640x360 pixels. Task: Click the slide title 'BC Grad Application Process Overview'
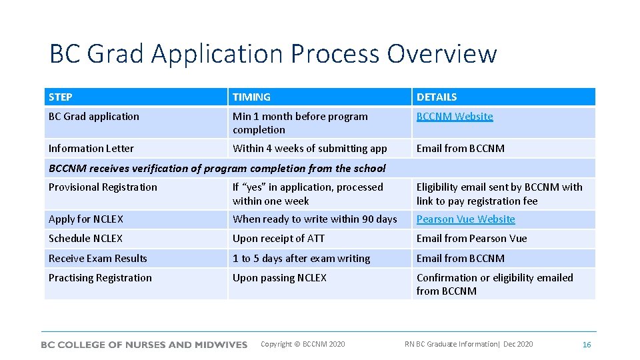273,54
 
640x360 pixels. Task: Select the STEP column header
61,97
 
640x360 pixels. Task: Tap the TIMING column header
251,97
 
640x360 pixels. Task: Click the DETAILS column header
437,97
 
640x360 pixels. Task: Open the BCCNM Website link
455,117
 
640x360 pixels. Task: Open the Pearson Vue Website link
465,219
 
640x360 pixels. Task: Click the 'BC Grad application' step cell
94,117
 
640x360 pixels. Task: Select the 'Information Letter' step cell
91,149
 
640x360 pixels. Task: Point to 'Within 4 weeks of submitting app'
309,149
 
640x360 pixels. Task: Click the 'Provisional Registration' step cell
103,187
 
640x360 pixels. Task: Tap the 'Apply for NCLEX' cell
86,219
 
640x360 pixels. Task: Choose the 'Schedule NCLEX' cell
86,239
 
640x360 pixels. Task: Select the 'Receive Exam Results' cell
98,259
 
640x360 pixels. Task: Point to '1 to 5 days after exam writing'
301,259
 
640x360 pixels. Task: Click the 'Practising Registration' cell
100,278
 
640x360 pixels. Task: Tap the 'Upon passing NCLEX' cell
279,278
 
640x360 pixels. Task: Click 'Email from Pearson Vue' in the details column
471,239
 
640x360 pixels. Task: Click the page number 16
587,345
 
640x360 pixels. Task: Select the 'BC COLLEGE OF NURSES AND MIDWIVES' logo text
144,345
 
